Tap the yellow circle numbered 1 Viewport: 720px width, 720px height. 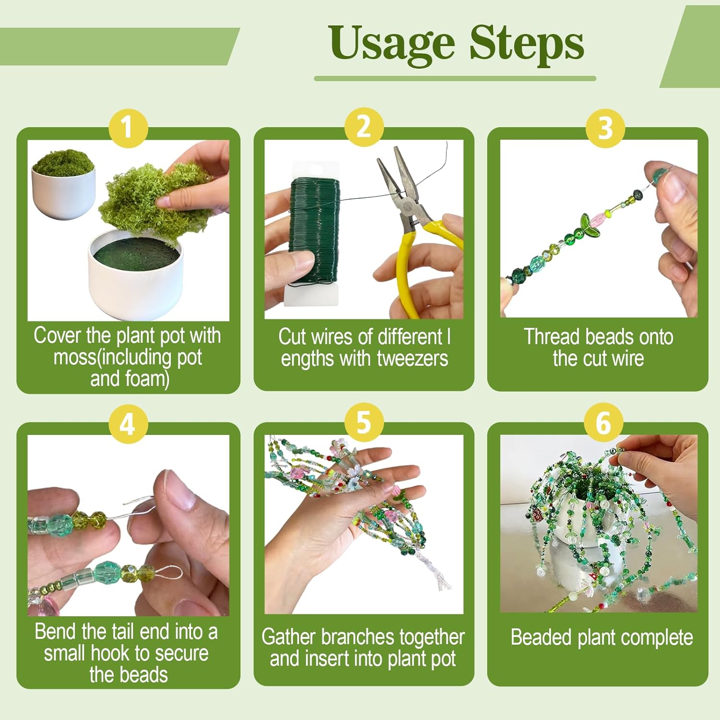click(x=128, y=128)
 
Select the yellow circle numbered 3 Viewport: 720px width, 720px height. click(x=605, y=128)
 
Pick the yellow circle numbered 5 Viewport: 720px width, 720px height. click(x=364, y=422)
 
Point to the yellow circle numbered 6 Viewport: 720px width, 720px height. click(x=603, y=422)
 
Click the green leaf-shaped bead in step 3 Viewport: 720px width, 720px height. click(x=590, y=224)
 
